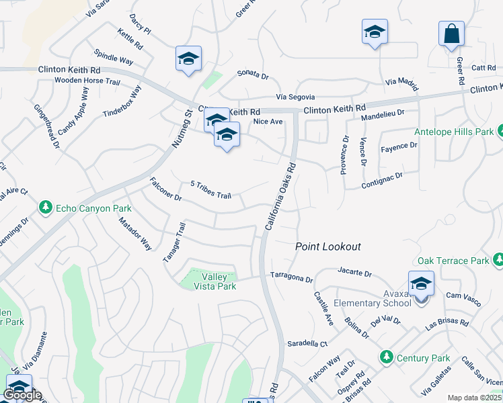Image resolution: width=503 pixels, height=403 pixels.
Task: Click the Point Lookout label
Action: pyautogui.click(x=328, y=247)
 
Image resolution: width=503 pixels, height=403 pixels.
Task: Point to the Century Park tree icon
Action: pyautogui.click(x=386, y=356)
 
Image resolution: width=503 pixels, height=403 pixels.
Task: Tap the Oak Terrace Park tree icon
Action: pyautogui.click(x=498, y=259)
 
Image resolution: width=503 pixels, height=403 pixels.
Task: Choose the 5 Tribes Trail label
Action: pyautogui.click(x=211, y=190)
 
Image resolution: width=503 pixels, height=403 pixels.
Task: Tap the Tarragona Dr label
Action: pyautogui.click(x=292, y=276)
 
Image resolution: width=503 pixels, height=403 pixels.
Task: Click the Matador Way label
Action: pyautogui.click(x=135, y=234)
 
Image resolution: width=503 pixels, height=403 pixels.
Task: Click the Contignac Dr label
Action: pyautogui.click(x=381, y=177)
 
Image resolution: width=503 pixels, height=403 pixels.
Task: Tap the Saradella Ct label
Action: pyautogui.click(x=307, y=343)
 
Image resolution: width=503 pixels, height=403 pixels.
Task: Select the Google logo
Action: pyautogui.click(x=22, y=395)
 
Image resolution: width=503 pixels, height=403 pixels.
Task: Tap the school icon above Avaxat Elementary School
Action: pyautogui.click(x=421, y=284)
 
